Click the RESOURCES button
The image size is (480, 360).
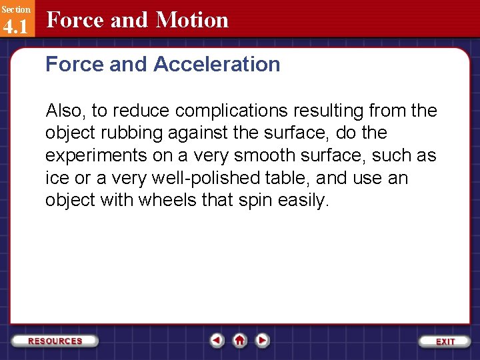tap(55, 341)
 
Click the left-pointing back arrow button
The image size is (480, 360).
tap(217, 340)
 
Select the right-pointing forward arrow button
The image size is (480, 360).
tap(263, 340)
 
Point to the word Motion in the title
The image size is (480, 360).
tap(192, 20)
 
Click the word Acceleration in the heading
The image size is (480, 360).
tap(217, 65)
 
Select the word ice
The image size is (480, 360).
tap(55, 179)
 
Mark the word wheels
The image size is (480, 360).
tap(167, 201)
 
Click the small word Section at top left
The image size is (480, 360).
tap(15, 9)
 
